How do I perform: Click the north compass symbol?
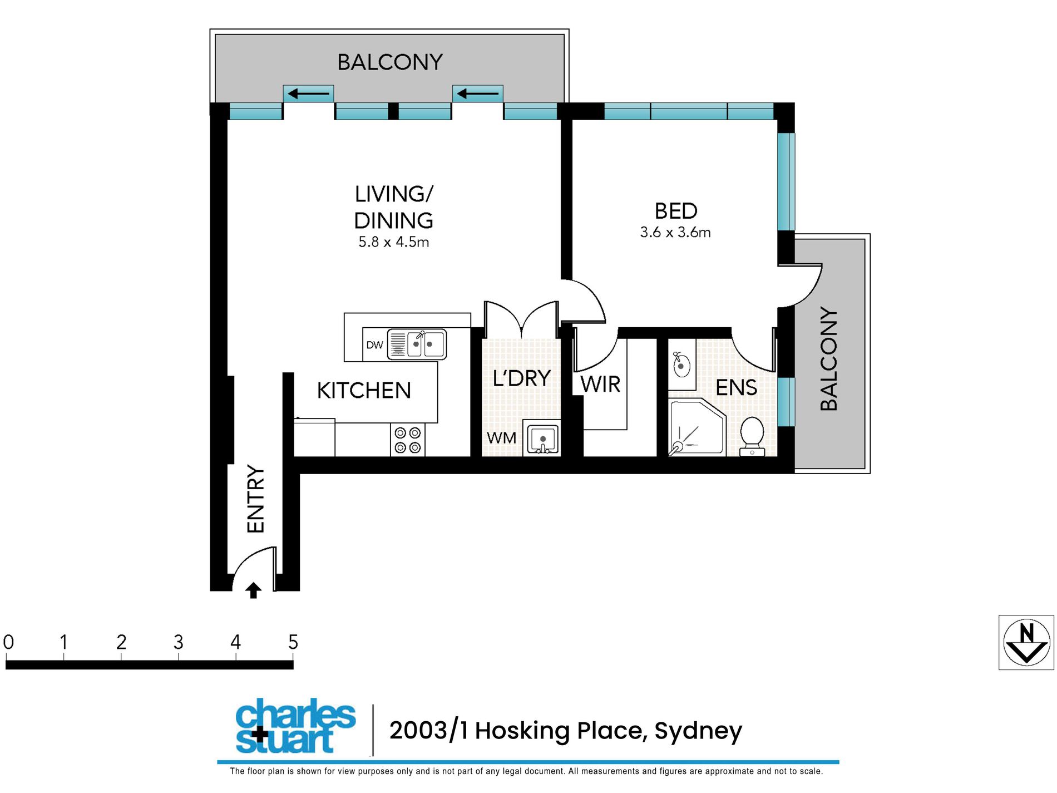1026,642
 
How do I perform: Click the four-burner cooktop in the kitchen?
407,440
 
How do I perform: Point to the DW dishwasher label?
374,345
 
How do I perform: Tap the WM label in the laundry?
501,439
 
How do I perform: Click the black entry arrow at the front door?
253,590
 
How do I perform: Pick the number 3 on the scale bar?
178,642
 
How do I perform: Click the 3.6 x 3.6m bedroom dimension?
675,233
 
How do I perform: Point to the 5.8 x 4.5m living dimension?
393,242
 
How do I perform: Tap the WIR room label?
600,385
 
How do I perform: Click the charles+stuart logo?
295,726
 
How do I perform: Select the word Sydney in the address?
698,731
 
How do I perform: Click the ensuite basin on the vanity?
681,366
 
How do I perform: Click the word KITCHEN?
364,391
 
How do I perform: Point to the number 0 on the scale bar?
8,642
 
